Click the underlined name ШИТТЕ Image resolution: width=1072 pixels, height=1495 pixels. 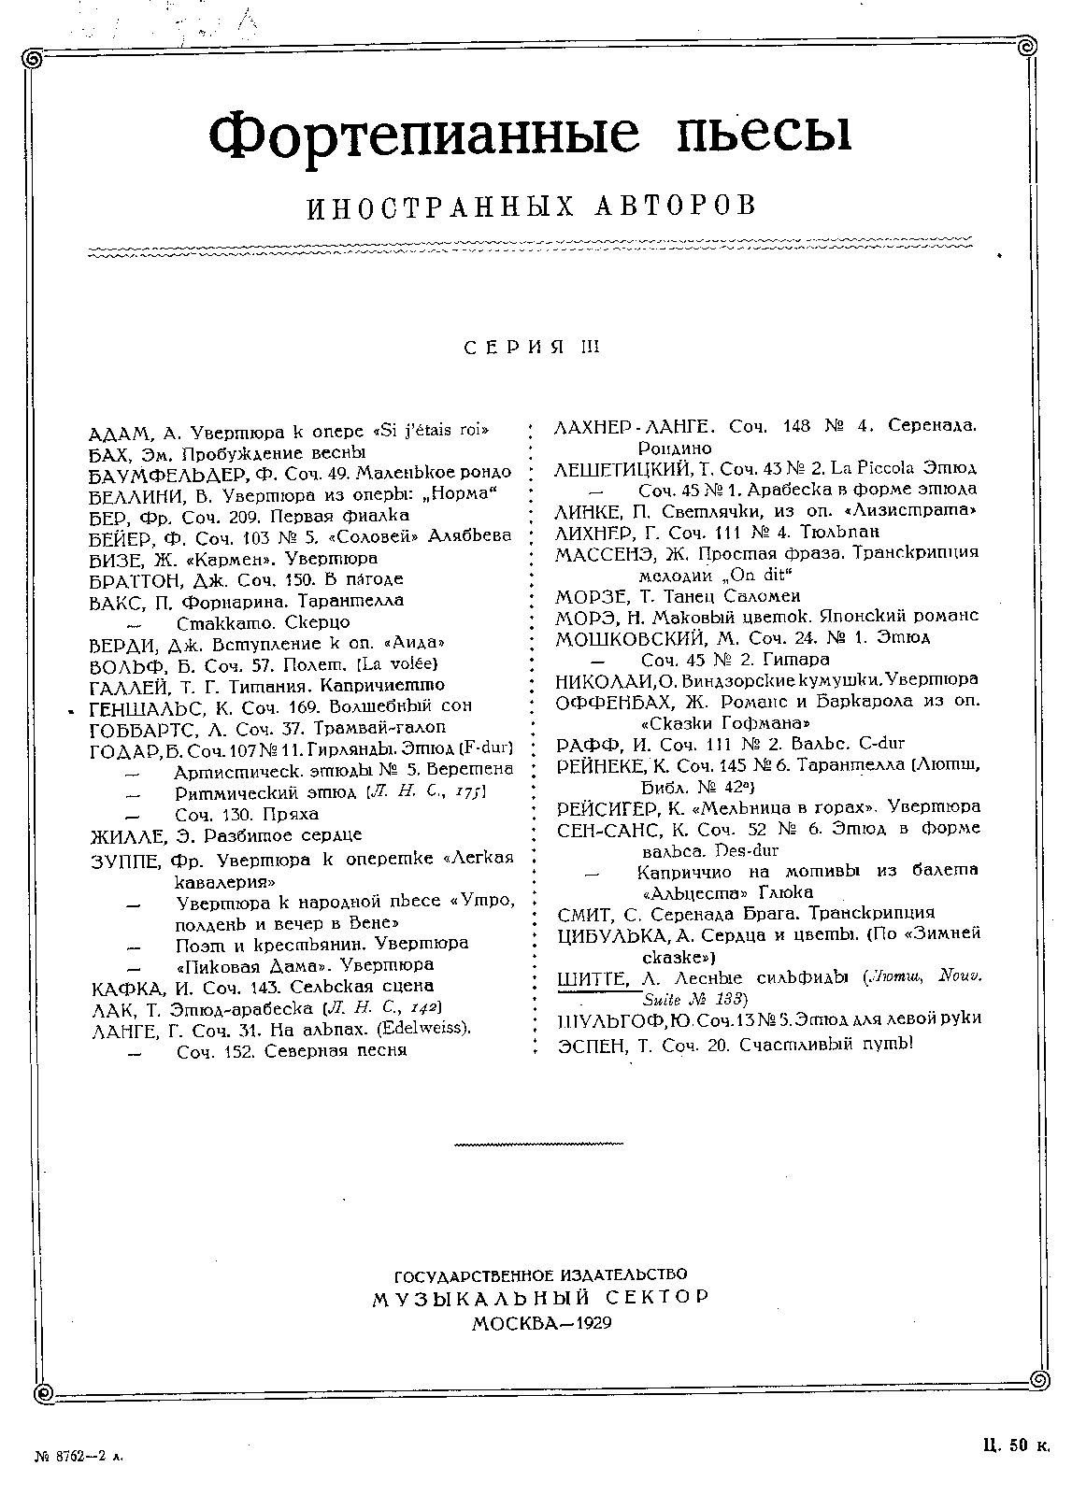coord(591,978)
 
